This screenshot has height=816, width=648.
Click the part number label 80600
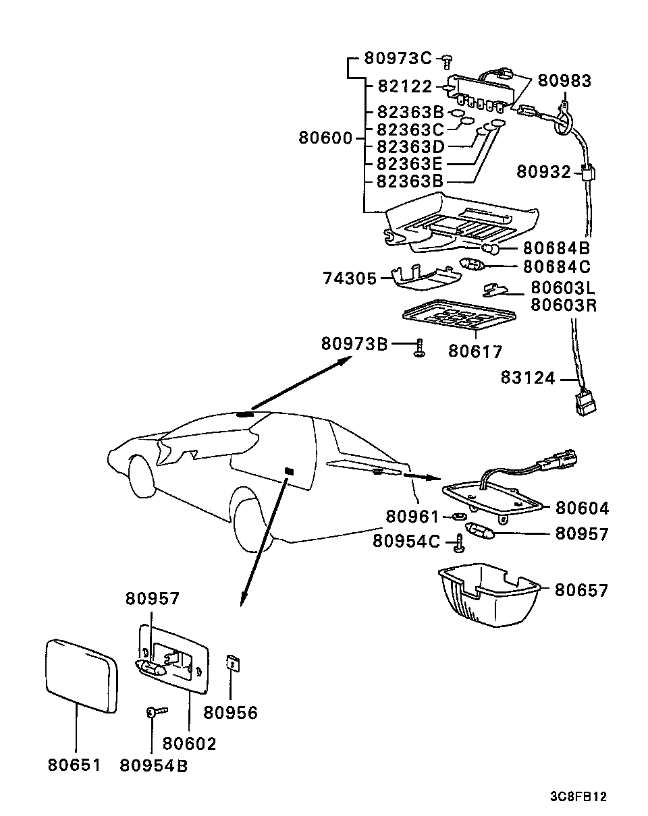click(325, 139)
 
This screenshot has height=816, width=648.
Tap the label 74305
click(349, 278)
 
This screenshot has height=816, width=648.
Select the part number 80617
click(475, 351)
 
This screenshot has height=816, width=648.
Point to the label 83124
click(528, 378)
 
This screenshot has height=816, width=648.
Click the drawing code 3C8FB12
click(578, 796)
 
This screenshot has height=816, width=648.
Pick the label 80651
click(74, 765)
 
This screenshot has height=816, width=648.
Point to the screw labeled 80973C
click(446, 61)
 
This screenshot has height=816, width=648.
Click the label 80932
click(544, 172)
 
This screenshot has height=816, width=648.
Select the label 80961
click(412, 516)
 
